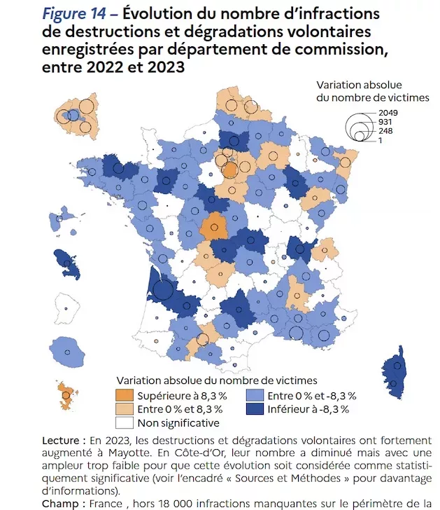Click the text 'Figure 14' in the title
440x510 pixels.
(74, 14)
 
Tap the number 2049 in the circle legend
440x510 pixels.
(388, 113)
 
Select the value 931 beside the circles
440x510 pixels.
(385, 122)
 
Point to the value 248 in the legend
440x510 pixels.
(385, 131)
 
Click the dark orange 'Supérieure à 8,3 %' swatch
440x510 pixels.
(125, 395)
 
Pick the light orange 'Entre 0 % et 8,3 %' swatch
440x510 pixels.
(125, 409)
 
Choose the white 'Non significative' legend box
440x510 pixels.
(125, 422)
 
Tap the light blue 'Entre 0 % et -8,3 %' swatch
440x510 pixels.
(255, 395)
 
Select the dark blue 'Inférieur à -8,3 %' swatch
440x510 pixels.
(255, 409)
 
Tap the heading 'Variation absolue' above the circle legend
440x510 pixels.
(359, 85)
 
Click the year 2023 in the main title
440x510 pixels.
(166, 67)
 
